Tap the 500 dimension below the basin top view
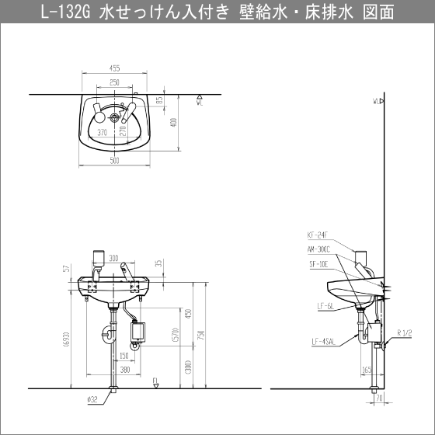[x=113, y=159]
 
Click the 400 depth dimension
[x=175, y=122]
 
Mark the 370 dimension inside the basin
[x=102, y=133]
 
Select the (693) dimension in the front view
[x=71, y=339]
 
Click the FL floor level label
[x=156, y=381]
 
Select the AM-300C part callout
[x=318, y=249]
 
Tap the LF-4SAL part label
[x=324, y=340]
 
